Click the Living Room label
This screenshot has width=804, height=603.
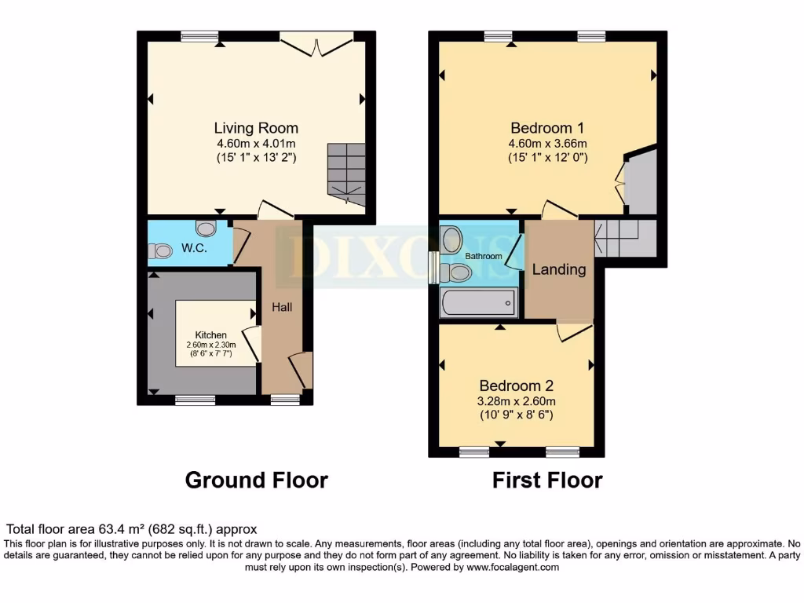point(256,128)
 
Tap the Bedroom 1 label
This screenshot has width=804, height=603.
point(547,128)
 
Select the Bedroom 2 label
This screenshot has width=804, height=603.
point(517,386)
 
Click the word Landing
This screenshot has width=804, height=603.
point(559,269)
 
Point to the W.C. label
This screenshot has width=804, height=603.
point(194,248)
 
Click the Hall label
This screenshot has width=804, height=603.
point(282,307)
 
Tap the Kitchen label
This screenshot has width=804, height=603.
point(211,335)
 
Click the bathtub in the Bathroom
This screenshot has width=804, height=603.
point(478,302)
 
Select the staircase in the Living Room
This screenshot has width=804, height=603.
point(346,174)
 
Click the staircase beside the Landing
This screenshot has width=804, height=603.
point(625,237)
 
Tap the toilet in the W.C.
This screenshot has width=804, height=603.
point(160,251)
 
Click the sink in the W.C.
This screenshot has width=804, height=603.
point(206,228)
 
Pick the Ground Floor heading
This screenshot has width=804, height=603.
point(256,480)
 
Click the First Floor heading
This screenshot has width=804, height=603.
point(547,480)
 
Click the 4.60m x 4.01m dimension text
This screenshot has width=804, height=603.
point(256,143)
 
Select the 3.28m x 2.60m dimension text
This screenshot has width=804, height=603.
point(517,400)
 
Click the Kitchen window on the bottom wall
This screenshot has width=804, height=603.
point(195,400)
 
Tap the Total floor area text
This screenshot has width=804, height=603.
point(132,529)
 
